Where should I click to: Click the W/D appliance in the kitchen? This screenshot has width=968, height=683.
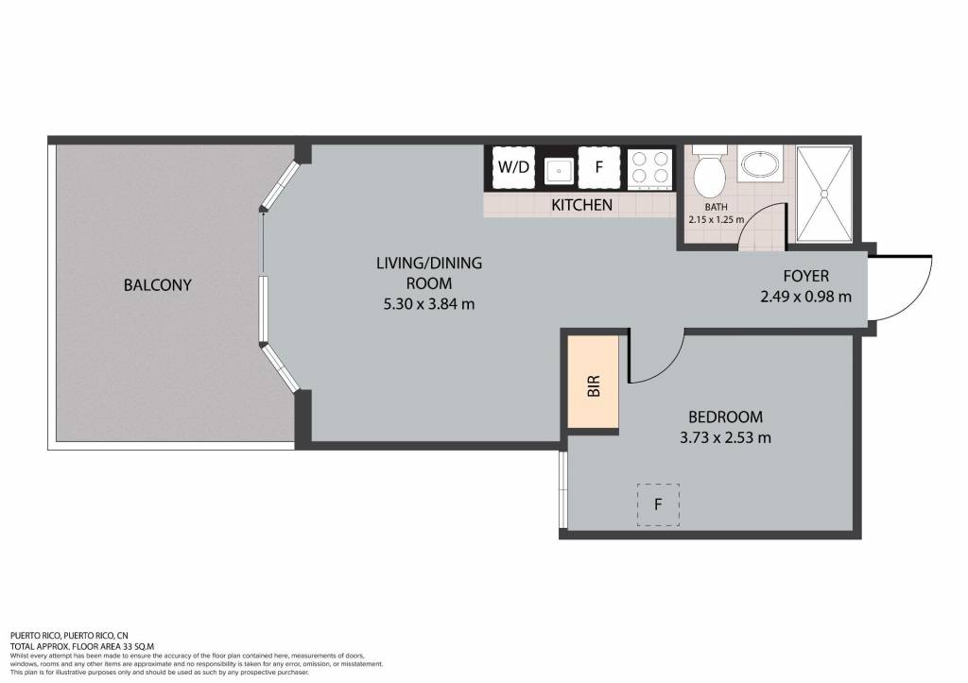513,167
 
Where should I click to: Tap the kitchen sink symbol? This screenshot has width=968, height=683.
559,170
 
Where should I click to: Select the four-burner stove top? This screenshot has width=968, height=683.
650,168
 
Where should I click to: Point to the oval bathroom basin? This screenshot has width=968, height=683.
761,164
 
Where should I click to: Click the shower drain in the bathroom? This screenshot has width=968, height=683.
823,194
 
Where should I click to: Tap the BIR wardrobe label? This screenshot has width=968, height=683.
594,386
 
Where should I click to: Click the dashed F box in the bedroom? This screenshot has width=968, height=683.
658,504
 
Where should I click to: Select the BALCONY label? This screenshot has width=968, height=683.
158,285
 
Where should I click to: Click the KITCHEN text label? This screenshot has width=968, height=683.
581,205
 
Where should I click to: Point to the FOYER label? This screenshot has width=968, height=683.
805,276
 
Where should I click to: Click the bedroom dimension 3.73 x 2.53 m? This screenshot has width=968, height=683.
725,437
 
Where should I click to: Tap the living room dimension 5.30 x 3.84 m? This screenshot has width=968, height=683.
429,303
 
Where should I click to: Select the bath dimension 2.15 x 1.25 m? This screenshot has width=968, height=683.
717,219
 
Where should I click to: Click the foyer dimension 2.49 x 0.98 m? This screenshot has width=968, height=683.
805,297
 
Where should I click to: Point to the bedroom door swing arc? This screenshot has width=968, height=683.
669,367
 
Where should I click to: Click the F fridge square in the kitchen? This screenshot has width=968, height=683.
598,167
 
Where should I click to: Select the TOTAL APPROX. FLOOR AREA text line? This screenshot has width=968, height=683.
82,646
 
